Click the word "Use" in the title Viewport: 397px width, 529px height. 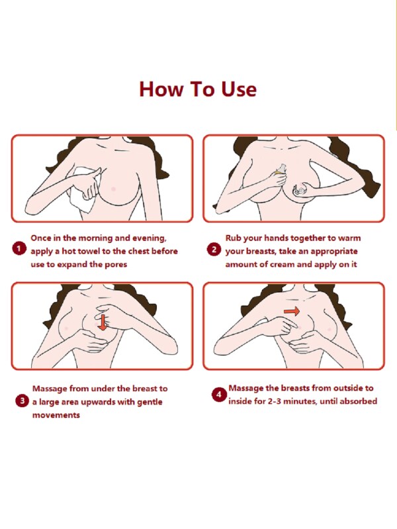pyautogui.click(x=239, y=89)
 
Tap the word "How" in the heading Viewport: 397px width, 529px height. pyautogui.click(x=160, y=89)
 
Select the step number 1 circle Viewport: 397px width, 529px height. pyautogui.click(x=19, y=250)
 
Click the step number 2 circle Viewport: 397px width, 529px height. pyautogui.click(x=214, y=250)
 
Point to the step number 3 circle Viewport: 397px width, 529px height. pyautogui.click(x=22, y=401)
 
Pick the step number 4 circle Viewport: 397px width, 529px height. pyautogui.click(x=218, y=395)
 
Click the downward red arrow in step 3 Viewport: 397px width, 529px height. pyautogui.click(x=103, y=322)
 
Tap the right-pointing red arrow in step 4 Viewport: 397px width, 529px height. pyautogui.click(x=291, y=311)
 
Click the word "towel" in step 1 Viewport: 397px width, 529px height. pyautogui.click(x=89, y=252)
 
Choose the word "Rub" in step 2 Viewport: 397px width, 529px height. pyautogui.click(x=233, y=238)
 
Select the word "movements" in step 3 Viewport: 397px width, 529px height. pyautogui.click(x=56, y=415)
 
